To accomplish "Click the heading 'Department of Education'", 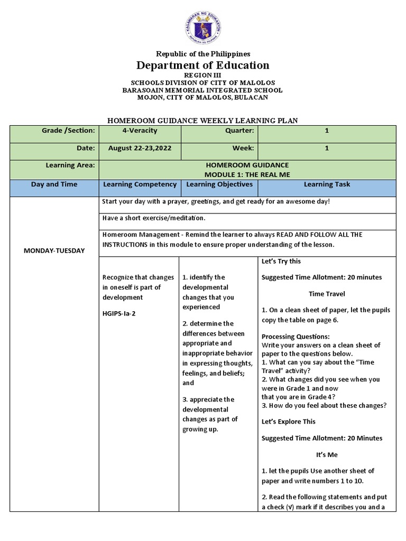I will (203, 66).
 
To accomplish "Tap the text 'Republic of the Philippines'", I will (203, 54).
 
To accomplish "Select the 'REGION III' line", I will (203, 76).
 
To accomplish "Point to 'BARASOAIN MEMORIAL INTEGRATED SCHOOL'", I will (203, 90).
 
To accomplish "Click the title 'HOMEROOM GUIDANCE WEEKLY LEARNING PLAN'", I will (203, 121).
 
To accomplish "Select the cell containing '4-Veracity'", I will (140, 130).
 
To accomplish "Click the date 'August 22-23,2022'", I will (140, 148).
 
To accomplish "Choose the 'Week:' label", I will (243, 148).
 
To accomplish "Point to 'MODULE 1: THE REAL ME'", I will (247, 174).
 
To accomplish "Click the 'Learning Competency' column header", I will (140, 184).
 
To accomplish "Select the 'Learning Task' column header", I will (327, 184).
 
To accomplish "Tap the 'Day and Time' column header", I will (54, 184).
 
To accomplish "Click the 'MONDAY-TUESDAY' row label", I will (54, 250).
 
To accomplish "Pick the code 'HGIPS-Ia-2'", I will (119, 313).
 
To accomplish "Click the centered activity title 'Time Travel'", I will (327, 294).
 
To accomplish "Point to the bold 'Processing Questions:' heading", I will (296, 337).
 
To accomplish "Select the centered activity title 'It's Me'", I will (327, 454).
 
